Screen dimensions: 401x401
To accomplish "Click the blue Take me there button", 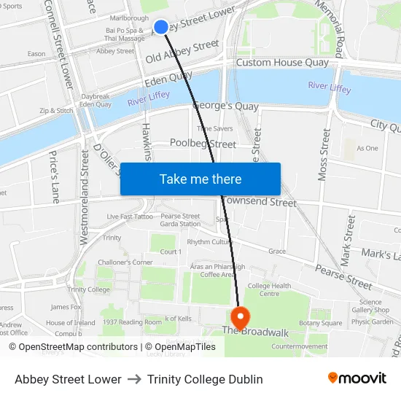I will point(200,179).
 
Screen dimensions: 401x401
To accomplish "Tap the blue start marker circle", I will point(161,27).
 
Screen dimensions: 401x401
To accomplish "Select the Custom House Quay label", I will point(282,63).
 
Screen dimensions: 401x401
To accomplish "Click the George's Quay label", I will point(225,106).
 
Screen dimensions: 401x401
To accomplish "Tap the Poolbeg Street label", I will point(203,144).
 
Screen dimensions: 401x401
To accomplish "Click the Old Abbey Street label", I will point(182,52).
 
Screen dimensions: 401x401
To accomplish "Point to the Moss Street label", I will point(324,157).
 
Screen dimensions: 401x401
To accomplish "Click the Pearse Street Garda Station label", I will point(180,220).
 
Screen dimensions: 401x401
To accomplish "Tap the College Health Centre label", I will point(269,289).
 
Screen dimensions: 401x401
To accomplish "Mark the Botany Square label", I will point(320,323).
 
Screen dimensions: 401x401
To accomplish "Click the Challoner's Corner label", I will point(125,262).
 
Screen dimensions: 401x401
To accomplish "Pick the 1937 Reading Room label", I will point(132,322).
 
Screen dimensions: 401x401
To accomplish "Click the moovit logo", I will point(357,378).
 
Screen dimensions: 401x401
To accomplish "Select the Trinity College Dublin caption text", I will point(205,379).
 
